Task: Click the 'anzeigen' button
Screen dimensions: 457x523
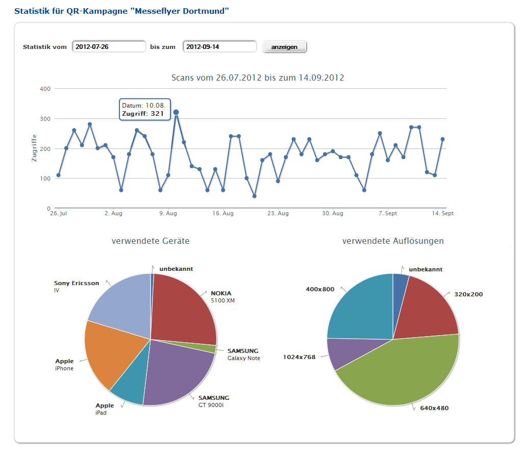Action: coord(284,46)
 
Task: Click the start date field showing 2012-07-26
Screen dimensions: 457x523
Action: coord(109,46)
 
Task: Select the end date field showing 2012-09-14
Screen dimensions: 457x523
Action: coord(219,46)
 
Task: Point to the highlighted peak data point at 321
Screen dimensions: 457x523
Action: coord(176,112)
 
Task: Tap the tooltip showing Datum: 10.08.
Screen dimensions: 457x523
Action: coord(144,110)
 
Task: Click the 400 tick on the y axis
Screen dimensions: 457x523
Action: coord(45,89)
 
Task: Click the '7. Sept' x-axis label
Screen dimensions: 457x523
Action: coord(388,214)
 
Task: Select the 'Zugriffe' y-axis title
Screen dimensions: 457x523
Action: coord(34,148)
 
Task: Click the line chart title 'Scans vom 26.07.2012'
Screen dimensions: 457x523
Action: coord(258,78)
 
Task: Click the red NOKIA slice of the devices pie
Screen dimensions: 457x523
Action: coord(184,306)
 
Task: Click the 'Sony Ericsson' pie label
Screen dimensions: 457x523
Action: coord(77,283)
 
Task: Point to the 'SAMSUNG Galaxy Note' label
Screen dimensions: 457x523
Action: coord(243,354)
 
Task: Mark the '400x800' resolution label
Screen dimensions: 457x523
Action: coord(320,289)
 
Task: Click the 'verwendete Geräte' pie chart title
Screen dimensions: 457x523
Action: coord(151,241)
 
